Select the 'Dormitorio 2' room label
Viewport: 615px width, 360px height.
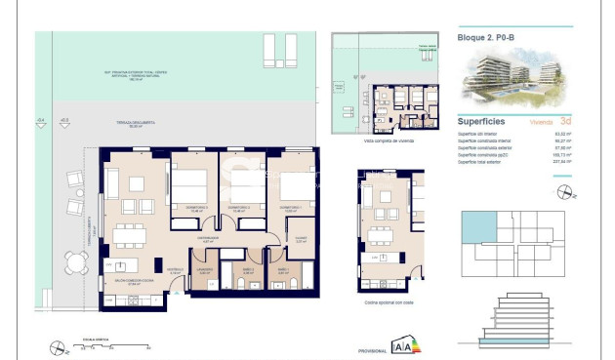[240, 208]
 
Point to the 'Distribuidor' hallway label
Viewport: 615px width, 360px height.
[207, 239]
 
